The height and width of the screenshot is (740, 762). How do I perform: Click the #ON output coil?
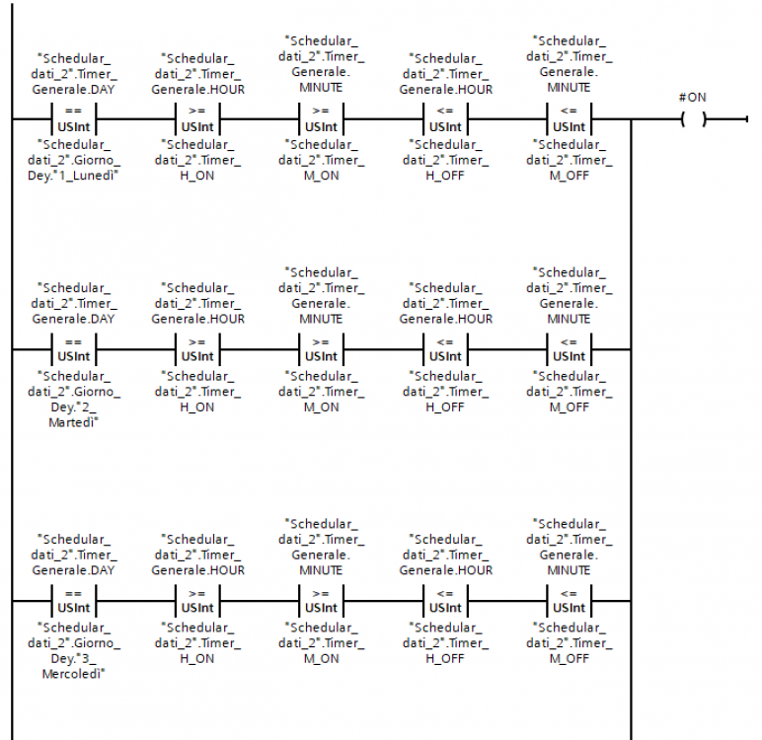coord(694,119)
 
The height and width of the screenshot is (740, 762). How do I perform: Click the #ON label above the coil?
coord(693,97)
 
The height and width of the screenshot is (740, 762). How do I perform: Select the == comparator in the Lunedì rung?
coord(72,118)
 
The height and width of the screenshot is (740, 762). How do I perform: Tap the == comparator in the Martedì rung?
coord(72,349)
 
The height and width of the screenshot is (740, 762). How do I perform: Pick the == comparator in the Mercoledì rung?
coord(72,601)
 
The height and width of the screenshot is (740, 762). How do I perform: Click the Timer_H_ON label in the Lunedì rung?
coord(196,160)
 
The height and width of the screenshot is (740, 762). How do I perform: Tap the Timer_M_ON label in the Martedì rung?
coord(321,391)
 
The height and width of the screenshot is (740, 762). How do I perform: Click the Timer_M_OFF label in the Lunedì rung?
coord(569,160)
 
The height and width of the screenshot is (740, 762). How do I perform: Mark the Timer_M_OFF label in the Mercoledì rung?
coord(569,642)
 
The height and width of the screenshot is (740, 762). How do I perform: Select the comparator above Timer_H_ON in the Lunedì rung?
coord(196,118)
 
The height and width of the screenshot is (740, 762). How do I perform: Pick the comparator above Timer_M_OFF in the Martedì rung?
coord(569,349)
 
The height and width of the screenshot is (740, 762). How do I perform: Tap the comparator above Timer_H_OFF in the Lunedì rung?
coord(444,118)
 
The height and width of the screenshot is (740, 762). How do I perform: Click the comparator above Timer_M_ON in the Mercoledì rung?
coord(321,601)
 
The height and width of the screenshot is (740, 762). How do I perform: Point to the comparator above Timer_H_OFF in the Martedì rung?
coord(444,349)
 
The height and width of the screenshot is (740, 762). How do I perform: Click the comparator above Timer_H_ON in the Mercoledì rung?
coord(196,601)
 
